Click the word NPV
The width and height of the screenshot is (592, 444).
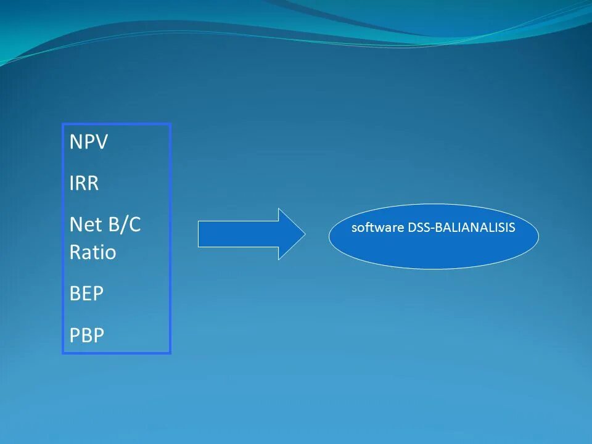[x=89, y=142]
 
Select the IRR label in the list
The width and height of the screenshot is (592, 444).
[x=84, y=183]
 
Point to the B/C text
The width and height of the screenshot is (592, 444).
[x=124, y=224]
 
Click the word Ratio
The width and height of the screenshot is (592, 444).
[x=92, y=253]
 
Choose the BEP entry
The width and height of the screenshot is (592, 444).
[x=86, y=294]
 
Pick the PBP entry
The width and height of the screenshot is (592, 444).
[x=87, y=335]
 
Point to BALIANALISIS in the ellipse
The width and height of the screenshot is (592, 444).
[x=475, y=228]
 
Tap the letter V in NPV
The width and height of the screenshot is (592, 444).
[x=102, y=142]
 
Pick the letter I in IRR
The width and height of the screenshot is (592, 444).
[x=72, y=183]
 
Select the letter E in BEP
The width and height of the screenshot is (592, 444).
[x=86, y=294]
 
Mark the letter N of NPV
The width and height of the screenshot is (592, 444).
[x=76, y=142]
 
